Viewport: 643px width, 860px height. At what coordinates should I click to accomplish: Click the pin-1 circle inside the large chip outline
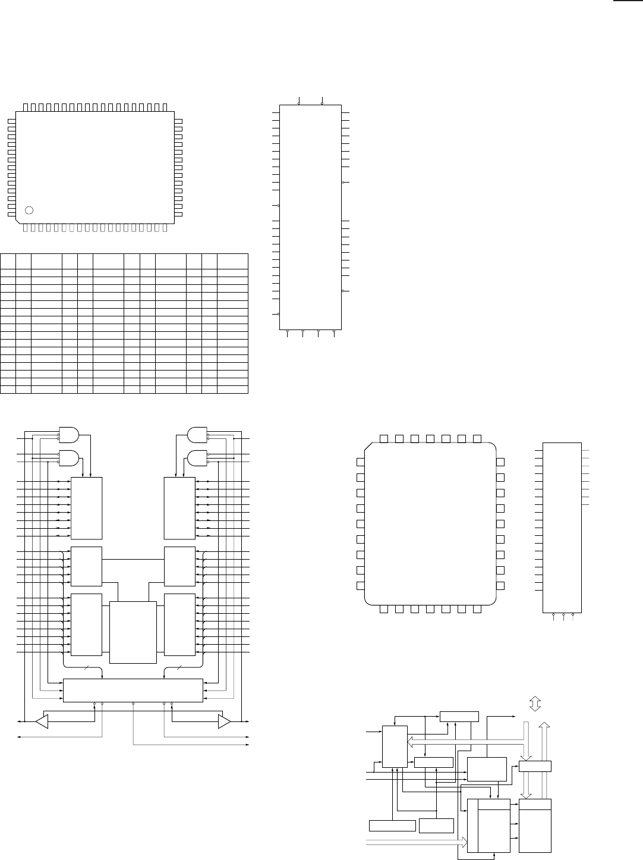pos(30,209)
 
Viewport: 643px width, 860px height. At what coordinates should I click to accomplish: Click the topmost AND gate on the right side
pos(197,435)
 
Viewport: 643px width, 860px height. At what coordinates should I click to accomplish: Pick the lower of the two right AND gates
pos(197,457)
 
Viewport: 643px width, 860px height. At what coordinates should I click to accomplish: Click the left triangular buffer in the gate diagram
pos(41,721)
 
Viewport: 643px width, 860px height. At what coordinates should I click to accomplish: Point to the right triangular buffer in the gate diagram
pos(225,721)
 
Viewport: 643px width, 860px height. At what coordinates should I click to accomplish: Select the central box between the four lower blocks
pos(133,632)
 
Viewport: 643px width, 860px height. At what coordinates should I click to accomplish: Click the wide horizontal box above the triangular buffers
pos(133,690)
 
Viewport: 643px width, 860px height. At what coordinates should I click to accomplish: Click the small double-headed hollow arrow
pos(534,704)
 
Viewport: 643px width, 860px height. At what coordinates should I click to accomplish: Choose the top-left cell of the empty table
pos(8,260)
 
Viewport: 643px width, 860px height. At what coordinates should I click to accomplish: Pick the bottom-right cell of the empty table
pos(232,390)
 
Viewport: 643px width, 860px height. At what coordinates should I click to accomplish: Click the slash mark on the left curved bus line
pos(86,668)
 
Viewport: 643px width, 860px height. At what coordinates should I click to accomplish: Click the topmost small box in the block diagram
pos(459,716)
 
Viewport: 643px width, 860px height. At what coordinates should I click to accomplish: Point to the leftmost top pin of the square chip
pos(384,438)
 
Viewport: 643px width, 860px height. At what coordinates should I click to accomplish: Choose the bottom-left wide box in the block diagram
pos(392,825)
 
